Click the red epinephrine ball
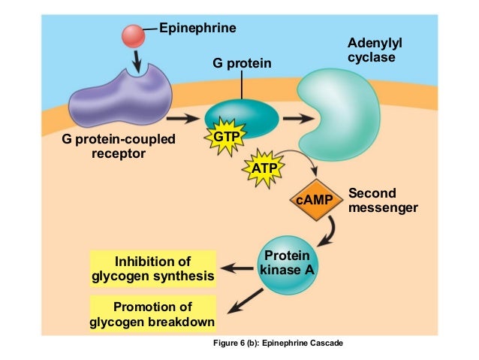click(x=134, y=35)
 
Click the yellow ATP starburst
click(x=264, y=168)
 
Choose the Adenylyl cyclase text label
click(x=371, y=51)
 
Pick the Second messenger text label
click(x=383, y=201)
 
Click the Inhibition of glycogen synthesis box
click(x=152, y=268)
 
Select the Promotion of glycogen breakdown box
click(x=152, y=314)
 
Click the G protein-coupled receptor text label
click(x=119, y=147)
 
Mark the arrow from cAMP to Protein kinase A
click(x=327, y=237)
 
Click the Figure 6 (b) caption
click(x=279, y=343)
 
